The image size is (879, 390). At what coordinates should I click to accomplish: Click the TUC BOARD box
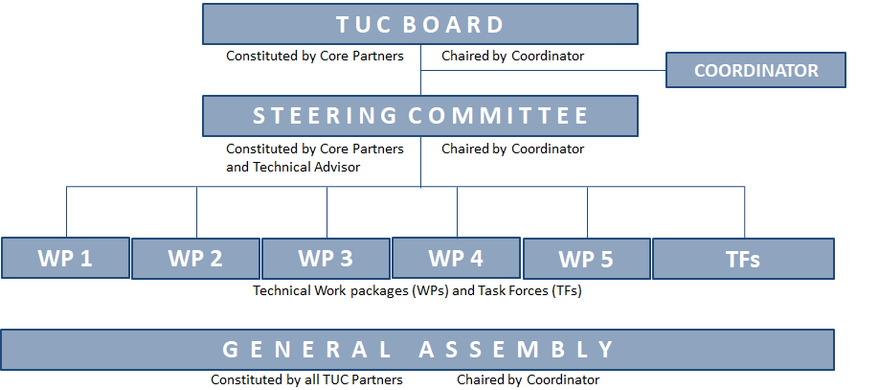click(420, 24)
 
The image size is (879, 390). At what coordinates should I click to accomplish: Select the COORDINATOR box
click(755, 70)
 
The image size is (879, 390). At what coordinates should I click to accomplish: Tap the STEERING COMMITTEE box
click(420, 116)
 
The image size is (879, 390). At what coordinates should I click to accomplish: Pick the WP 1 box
click(65, 258)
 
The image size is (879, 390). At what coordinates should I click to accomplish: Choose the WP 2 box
click(195, 259)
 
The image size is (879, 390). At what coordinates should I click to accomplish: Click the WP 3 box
click(326, 259)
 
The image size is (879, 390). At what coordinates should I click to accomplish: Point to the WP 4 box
click(456, 258)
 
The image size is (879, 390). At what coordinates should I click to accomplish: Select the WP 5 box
click(586, 259)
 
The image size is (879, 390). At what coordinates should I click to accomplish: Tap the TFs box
click(743, 259)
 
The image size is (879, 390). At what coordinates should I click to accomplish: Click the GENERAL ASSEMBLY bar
click(417, 350)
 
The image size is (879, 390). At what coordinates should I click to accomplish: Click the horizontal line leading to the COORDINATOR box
click(543, 71)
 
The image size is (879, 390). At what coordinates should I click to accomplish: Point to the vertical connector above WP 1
click(67, 212)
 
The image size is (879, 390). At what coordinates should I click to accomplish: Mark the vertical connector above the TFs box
click(744, 213)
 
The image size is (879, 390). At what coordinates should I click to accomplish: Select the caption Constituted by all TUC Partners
click(306, 379)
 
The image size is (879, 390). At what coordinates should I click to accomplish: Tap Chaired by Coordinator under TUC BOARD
click(513, 57)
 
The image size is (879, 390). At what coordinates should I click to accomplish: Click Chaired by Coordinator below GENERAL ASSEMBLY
click(529, 379)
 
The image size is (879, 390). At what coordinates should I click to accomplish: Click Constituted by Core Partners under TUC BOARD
click(315, 57)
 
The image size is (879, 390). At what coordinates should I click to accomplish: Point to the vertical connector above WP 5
click(588, 213)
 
